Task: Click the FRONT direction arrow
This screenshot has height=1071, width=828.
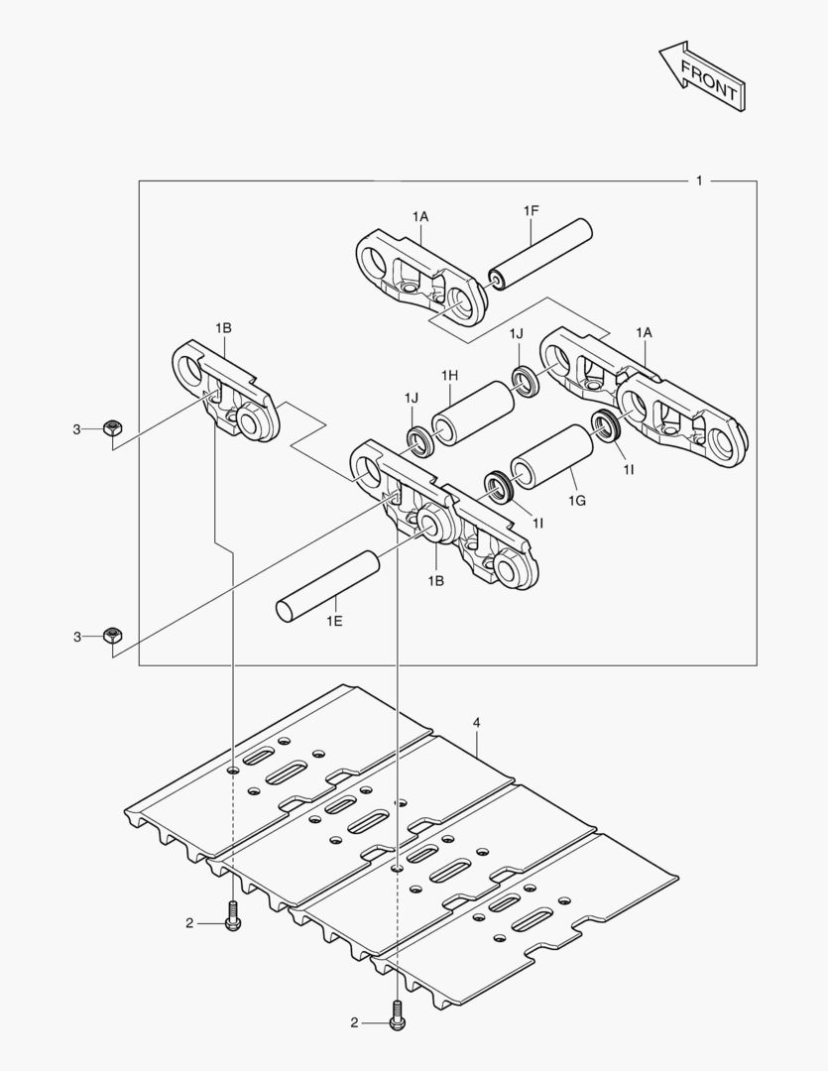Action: (700, 75)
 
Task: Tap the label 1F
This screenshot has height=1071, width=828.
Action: (532, 210)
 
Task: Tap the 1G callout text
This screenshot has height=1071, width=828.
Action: (576, 502)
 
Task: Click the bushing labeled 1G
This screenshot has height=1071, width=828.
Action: (549, 455)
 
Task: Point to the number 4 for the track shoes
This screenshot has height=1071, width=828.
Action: (477, 723)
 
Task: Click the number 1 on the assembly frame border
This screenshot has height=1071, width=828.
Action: (699, 180)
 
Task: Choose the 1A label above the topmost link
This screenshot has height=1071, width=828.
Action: (420, 215)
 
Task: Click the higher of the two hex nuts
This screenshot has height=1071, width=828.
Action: (112, 428)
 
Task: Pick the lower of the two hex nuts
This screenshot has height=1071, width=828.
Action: (112, 636)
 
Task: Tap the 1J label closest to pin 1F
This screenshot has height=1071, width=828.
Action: (517, 333)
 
